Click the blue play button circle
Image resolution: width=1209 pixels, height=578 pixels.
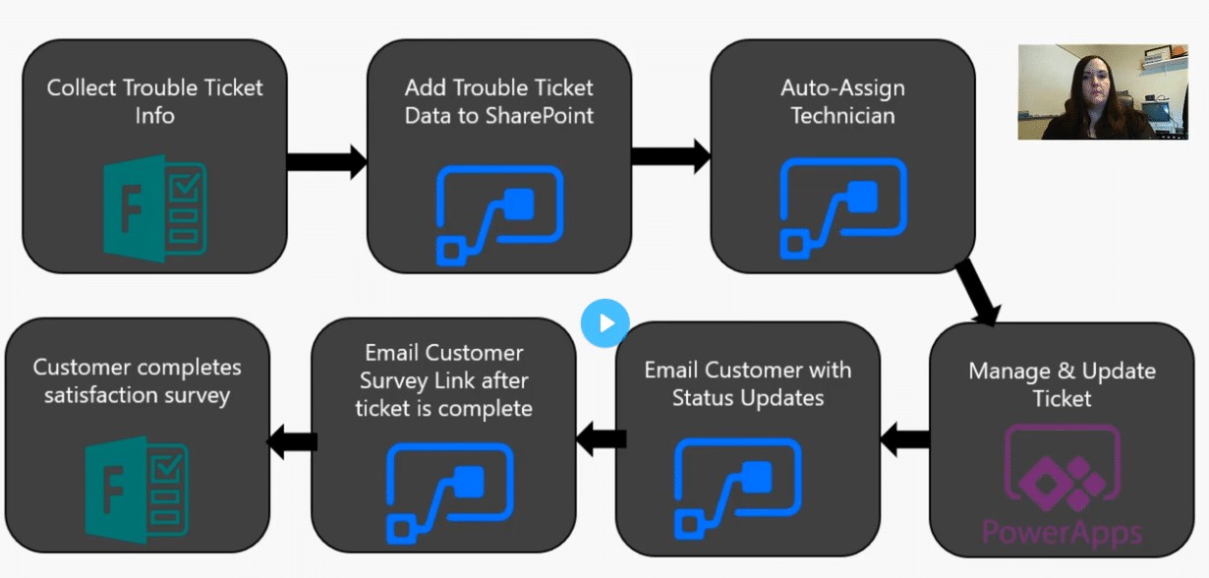click(x=605, y=322)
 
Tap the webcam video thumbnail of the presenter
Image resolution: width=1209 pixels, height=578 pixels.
click(x=1103, y=91)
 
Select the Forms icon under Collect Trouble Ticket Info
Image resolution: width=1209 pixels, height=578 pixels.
click(x=155, y=208)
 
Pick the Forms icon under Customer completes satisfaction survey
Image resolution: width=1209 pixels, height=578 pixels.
click(x=137, y=490)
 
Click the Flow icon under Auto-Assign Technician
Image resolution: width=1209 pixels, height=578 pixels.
click(x=843, y=208)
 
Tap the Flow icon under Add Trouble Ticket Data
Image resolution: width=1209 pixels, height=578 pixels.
click(x=499, y=216)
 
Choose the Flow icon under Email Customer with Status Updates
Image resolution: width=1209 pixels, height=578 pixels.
click(x=738, y=489)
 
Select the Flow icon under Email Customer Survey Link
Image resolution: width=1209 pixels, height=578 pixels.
click(x=450, y=493)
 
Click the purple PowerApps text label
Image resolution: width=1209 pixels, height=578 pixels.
click(x=1063, y=533)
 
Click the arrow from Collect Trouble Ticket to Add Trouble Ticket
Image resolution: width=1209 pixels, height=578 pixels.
click(x=327, y=161)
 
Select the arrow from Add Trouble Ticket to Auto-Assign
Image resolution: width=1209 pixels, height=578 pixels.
click(x=671, y=156)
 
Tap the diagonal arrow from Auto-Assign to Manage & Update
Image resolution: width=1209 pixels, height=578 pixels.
click(x=978, y=293)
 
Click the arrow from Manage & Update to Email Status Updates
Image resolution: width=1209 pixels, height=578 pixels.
click(x=905, y=439)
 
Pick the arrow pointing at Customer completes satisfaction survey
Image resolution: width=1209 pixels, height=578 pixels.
click(x=292, y=442)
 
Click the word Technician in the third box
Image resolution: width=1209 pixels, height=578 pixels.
click(x=843, y=115)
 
